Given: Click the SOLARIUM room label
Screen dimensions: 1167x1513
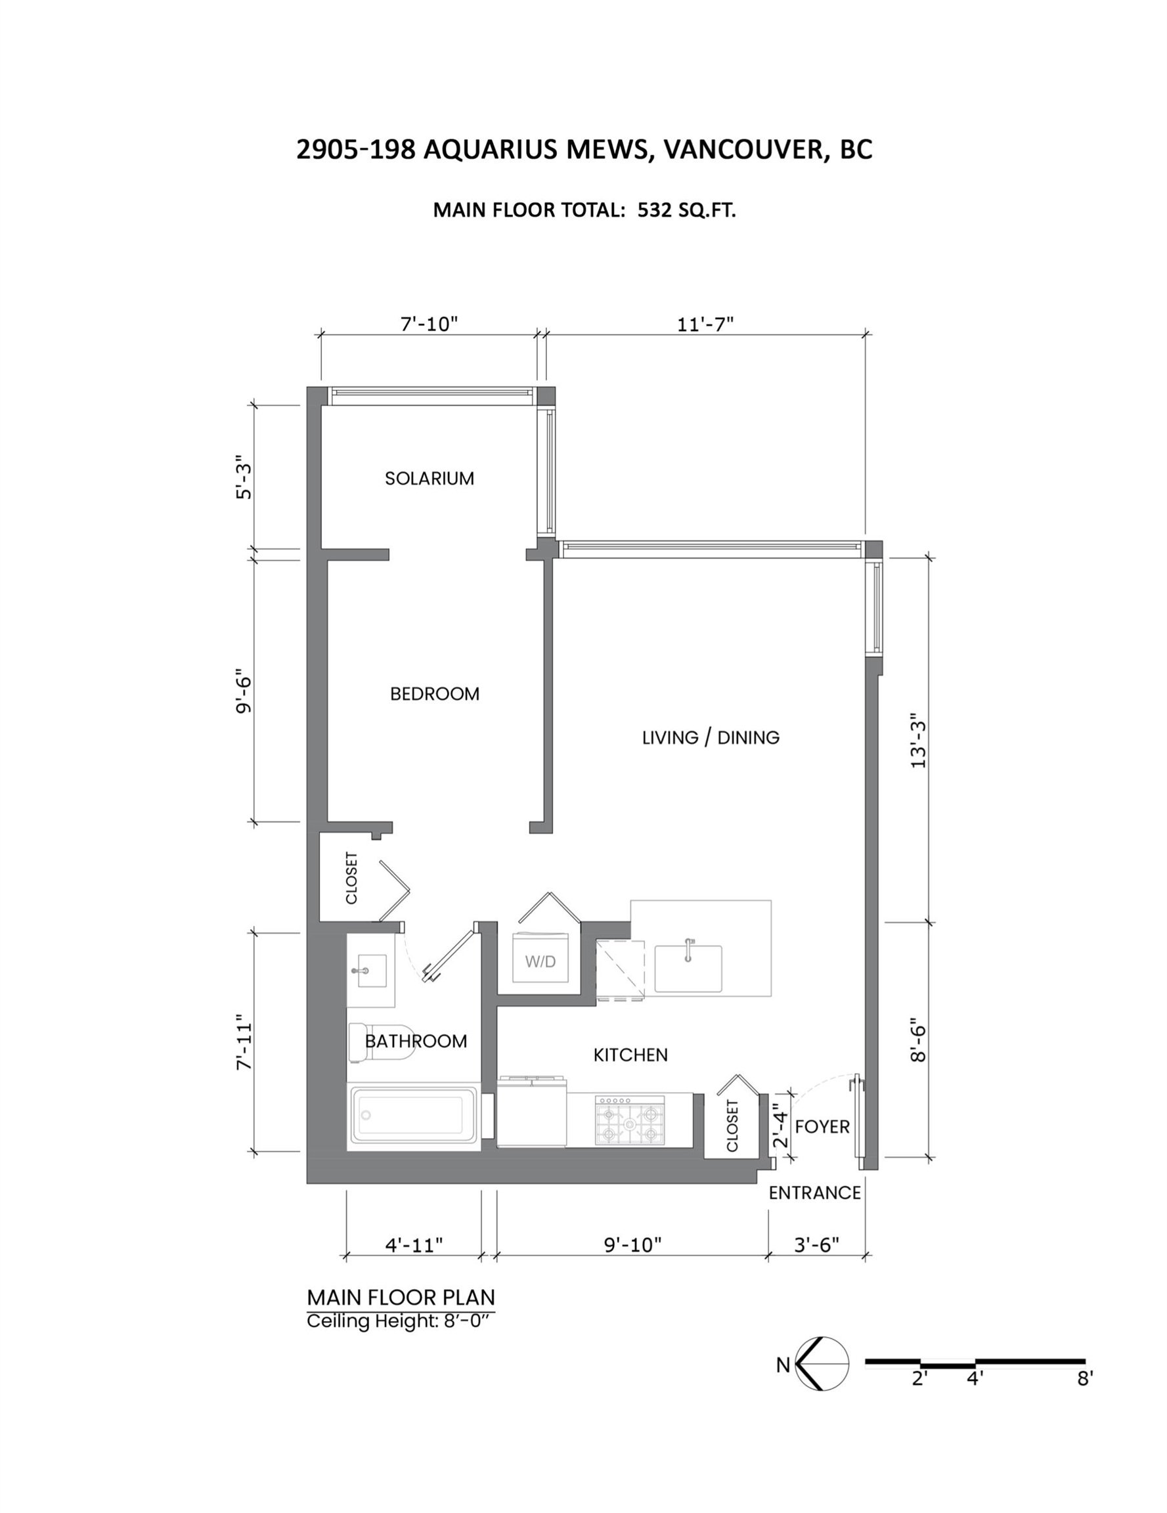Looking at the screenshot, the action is (429, 478).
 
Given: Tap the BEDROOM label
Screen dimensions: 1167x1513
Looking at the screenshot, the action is (435, 693).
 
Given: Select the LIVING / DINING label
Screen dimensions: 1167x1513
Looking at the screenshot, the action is (711, 737).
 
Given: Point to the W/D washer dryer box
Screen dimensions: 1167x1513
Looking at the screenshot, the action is (540, 957).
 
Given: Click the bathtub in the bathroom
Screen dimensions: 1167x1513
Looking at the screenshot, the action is (414, 1114).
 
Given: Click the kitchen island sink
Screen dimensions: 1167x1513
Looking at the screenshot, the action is (688, 968).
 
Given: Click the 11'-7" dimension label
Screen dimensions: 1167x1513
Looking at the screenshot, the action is (705, 324).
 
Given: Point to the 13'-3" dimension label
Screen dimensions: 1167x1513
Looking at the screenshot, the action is (918, 741).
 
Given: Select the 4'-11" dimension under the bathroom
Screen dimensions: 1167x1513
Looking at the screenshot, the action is (414, 1245).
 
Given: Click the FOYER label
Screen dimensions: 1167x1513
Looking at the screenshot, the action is (822, 1126).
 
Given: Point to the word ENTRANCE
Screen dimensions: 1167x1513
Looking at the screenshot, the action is (815, 1193).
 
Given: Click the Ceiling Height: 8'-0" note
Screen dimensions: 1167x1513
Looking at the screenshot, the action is (402, 1321).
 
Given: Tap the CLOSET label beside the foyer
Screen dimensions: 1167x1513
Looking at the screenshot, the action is (732, 1126).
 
